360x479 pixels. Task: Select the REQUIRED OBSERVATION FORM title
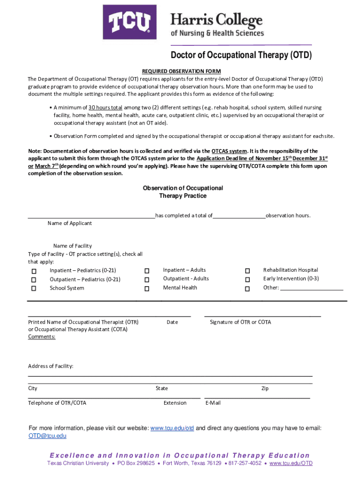coord(181,71)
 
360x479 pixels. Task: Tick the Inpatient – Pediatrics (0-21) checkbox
coord(34,271)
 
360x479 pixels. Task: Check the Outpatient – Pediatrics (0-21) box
coord(34,280)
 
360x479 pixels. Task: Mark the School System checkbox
coord(34,289)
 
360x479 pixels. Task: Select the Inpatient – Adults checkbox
coord(147,271)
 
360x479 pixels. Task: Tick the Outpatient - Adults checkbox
coord(147,280)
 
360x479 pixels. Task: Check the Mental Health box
coord(147,289)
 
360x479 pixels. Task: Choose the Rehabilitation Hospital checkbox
coord(247,271)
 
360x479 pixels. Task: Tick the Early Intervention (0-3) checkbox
coord(247,280)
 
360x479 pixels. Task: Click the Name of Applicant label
coord(70,223)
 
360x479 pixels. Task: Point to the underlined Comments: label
coord(42,337)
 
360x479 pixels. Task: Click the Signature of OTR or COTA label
coord(240,322)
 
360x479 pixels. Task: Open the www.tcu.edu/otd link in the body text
coord(172,428)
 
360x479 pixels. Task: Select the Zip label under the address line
coord(265,388)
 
